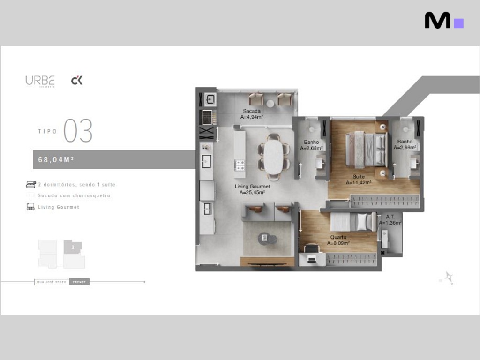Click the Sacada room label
pos(252,111)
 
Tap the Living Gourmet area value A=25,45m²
pos(252,192)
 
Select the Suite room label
pos(359,177)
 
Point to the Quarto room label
pos(338,237)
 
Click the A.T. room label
pos(390,217)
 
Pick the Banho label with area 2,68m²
pos(311,142)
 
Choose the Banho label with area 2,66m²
pos(405,142)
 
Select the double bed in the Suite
pos(367,150)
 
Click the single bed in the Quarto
pos(353,222)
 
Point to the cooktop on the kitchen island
pos(240,165)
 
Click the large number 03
pos(78,131)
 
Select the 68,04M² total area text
pos(56,159)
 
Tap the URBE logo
pos(40,81)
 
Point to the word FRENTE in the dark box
pos(79,282)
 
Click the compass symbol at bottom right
pos(449,277)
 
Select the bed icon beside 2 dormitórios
pos(31,184)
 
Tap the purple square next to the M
pos(459,23)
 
